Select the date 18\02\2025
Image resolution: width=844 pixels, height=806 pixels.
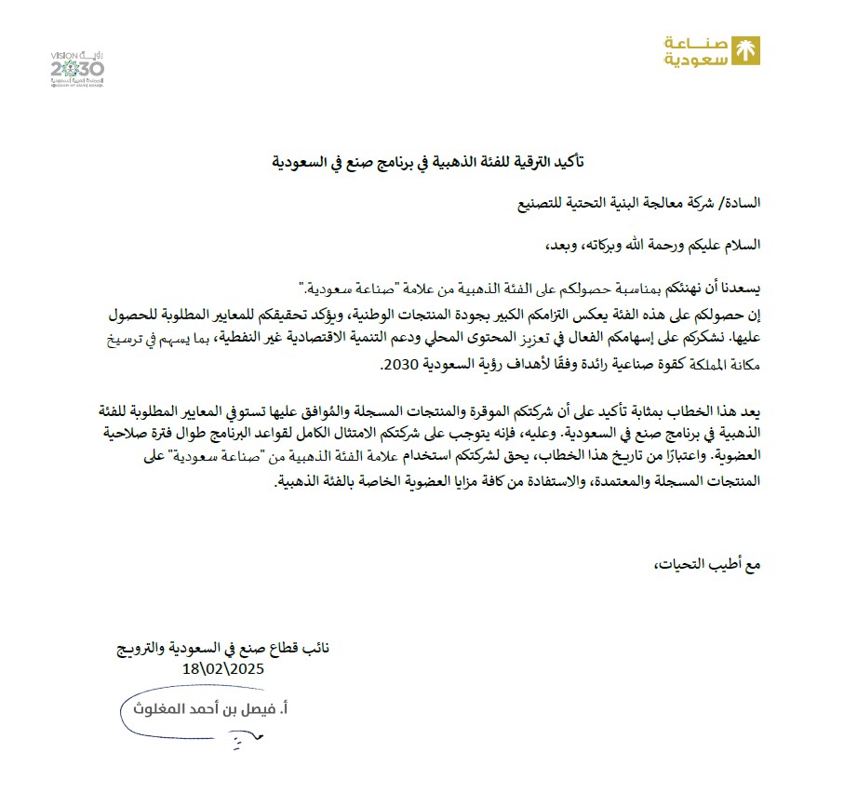pos(224,668)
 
